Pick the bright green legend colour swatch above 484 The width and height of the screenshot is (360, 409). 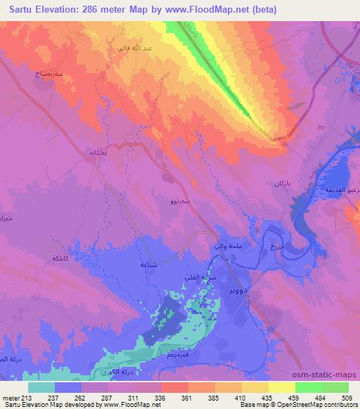tap(308, 387)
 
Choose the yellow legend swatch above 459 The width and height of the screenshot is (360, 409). tap(281, 387)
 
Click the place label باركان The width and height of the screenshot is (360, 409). tap(281, 183)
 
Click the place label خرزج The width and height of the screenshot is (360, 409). tap(275, 247)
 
